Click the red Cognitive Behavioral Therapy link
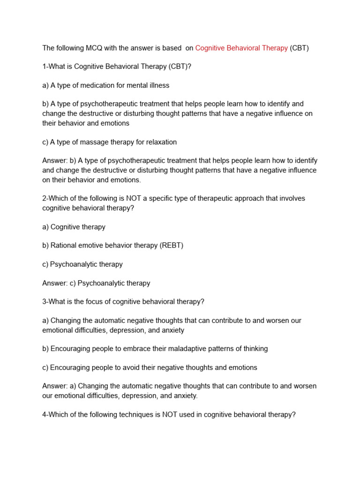point(241,48)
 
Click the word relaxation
point(159,142)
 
